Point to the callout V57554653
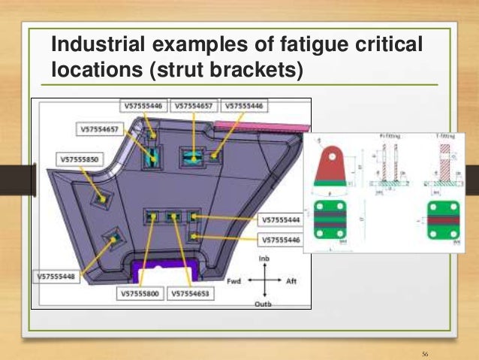click(193, 294)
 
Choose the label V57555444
click(282, 220)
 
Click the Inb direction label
click(264, 259)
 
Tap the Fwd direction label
click(234, 280)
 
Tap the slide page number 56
click(426, 352)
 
